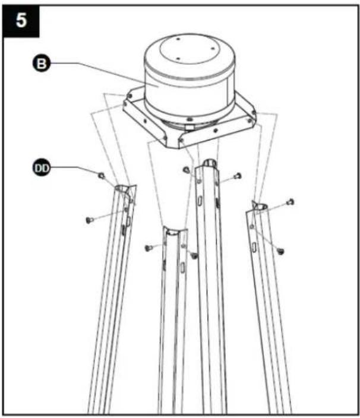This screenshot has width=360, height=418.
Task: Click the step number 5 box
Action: coord(21,21)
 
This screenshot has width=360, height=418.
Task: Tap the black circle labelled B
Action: coord(41,64)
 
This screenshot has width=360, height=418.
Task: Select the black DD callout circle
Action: coord(42,168)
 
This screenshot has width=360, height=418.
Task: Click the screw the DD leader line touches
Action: coord(102,175)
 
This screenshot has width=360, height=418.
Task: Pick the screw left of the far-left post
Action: coord(89,220)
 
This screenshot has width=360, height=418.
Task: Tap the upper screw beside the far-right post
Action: coord(290,202)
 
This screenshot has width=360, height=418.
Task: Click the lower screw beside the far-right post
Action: coord(280,251)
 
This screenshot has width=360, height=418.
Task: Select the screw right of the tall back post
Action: coord(238,176)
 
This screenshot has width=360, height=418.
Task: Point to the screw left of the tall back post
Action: coord(186,169)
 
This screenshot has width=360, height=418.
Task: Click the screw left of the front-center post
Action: coord(149,248)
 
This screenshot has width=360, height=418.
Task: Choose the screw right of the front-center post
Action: coord(194,256)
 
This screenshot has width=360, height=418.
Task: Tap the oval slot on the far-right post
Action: coord(254,248)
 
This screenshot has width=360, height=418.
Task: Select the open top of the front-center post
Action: coord(175,231)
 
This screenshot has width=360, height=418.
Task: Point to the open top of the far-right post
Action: coord(260,206)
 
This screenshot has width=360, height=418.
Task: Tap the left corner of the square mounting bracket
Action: coord(125,104)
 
